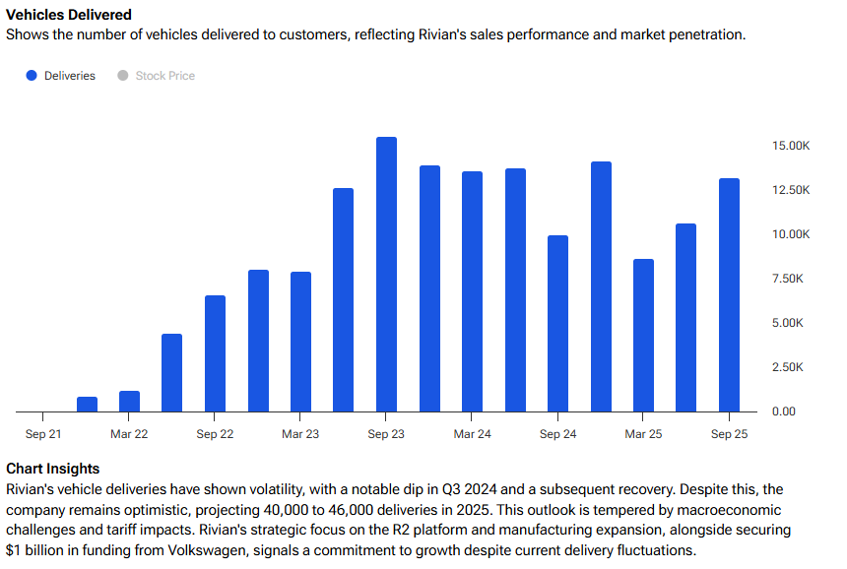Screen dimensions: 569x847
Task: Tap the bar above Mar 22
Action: pos(129,401)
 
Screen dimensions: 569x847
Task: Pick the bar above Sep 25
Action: pos(729,294)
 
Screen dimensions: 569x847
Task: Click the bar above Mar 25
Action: pos(643,335)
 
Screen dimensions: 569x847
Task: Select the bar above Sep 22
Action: pos(215,352)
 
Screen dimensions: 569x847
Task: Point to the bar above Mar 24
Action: pos(472,290)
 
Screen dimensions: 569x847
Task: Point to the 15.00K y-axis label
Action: pos(791,146)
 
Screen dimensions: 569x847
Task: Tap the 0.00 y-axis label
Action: pos(784,411)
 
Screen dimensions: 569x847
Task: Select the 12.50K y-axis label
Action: pos(791,190)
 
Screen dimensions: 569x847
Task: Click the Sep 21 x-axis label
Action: pos(43,434)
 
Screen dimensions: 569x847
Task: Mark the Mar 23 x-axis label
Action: pos(300,434)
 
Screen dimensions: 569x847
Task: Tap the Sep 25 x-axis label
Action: pos(729,434)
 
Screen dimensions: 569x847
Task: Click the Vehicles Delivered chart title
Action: pos(69,15)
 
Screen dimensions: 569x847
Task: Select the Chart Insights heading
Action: pos(53,469)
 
